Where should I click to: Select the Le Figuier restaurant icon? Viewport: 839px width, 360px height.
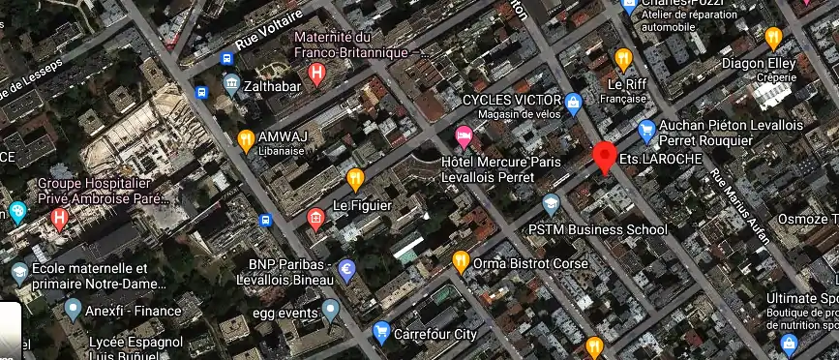(355, 178)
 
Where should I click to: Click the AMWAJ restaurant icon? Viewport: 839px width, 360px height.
(246, 138)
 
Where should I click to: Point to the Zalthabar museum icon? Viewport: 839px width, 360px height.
(231, 84)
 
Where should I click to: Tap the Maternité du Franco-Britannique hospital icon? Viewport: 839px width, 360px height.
(315, 73)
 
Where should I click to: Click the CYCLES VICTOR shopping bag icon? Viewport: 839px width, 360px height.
(573, 101)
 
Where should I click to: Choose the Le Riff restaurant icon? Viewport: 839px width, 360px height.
(623, 58)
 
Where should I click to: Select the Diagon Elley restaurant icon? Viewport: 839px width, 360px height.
(772, 38)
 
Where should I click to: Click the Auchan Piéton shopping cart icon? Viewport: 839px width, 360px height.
(646, 128)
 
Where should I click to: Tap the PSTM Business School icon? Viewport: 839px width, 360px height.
(551, 204)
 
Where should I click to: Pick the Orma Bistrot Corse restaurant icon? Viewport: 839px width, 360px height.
(462, 261)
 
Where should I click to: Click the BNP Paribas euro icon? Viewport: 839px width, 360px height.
(345, 270)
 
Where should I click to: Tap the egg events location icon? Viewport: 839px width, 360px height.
(331, 311)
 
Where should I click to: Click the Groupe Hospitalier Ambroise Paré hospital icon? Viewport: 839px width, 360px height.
(62, 219)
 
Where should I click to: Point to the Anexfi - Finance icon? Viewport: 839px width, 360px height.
(73, 310)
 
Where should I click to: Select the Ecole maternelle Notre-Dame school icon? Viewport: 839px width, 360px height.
(18, 271)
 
